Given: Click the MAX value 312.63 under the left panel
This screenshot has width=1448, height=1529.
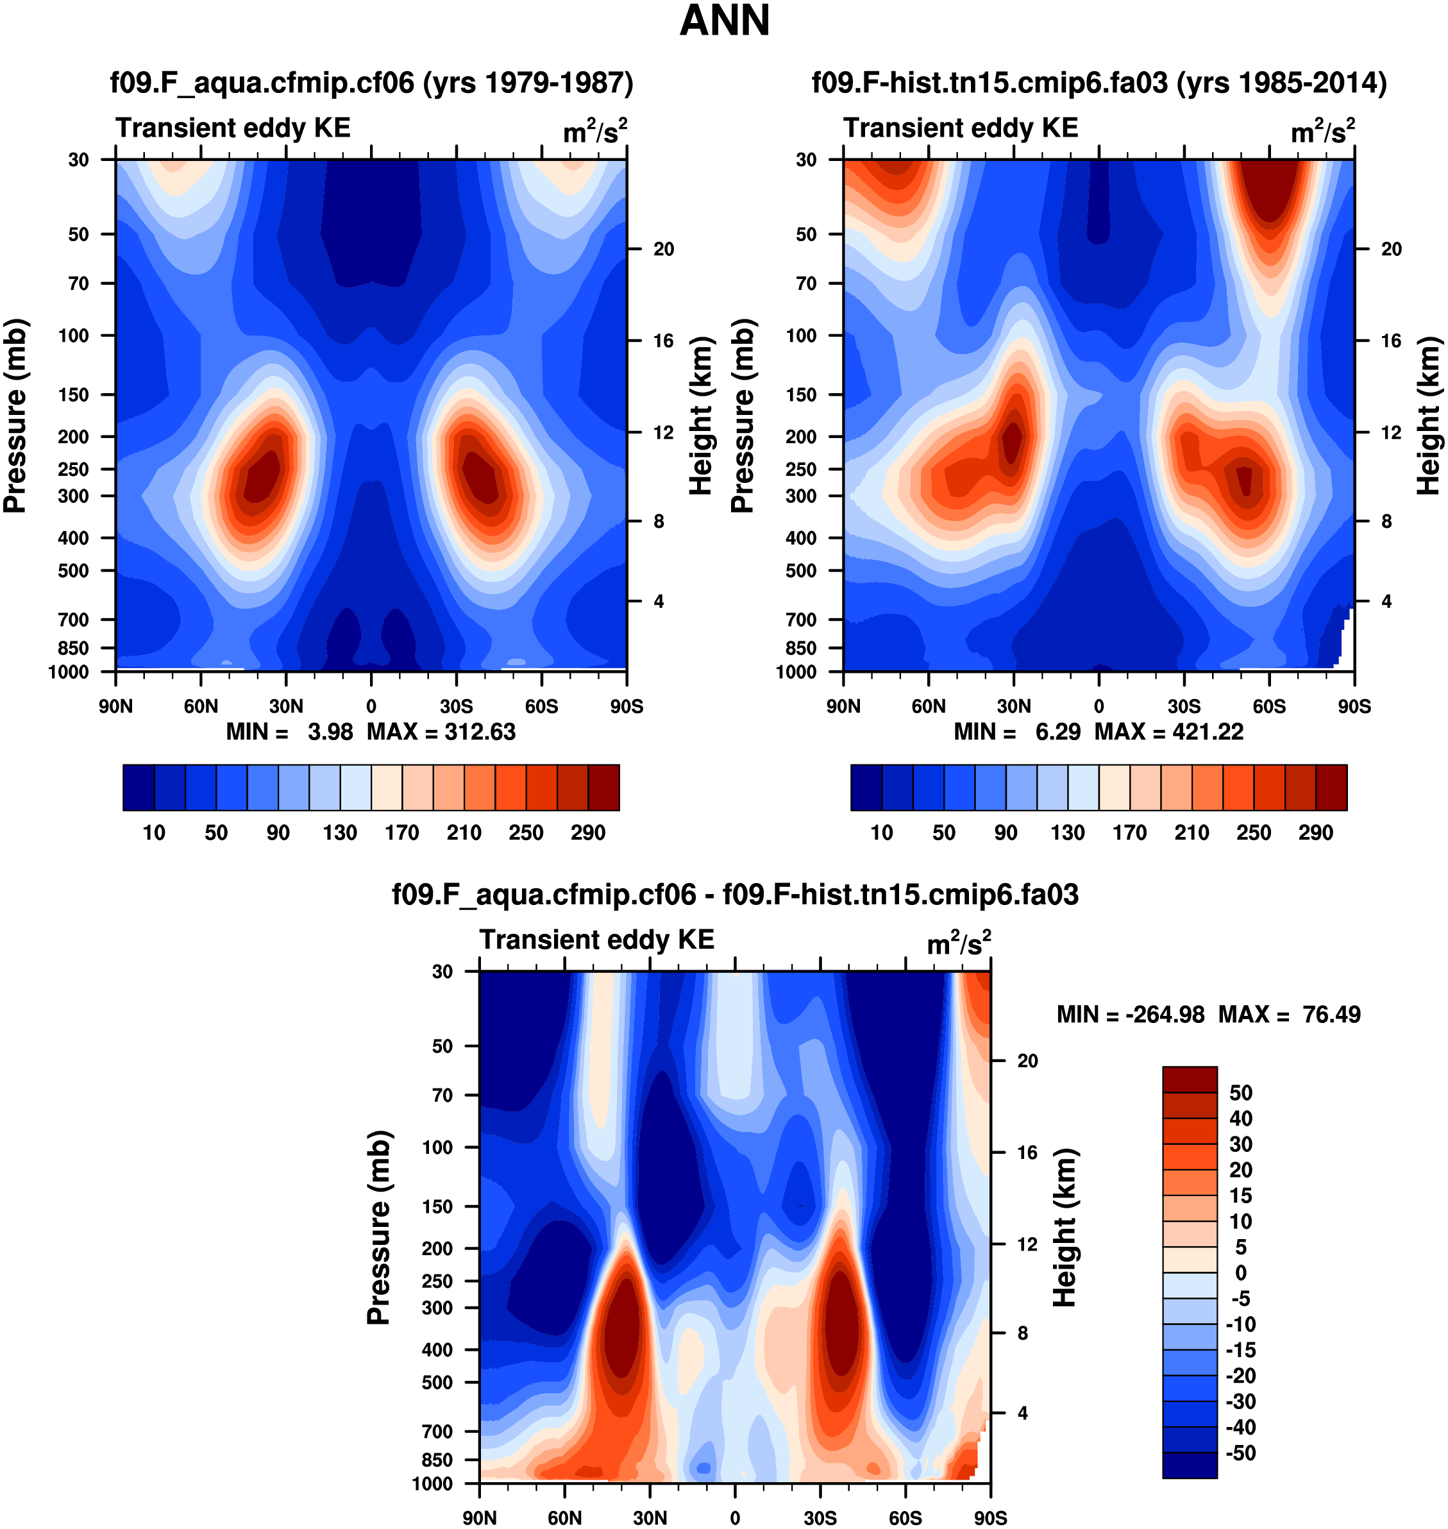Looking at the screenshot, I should [479, 732].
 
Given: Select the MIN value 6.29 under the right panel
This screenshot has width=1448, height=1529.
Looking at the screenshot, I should [1057, 732].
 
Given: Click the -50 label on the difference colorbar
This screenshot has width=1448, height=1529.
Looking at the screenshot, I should [1240, 1453].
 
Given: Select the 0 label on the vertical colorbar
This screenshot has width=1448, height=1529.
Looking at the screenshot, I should [1240, 1272].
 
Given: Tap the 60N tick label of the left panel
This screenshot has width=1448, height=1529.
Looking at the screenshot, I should [201, 706].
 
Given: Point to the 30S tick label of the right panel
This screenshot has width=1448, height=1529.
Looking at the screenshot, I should [1183, 706].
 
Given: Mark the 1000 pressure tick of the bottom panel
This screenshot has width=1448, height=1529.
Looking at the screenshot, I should [432, 1483].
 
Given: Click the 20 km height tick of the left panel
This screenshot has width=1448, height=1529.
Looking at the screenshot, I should [663, 249].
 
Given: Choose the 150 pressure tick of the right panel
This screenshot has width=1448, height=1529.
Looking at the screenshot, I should [800, 394].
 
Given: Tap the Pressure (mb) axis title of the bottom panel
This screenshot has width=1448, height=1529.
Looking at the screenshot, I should [379, 1227].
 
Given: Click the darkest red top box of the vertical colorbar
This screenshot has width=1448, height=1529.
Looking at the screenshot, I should [1190, 1079].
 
